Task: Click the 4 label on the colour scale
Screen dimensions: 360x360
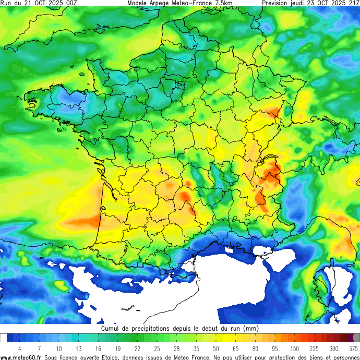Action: click(x=19, y=348)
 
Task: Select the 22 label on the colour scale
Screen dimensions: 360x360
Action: click(x=137, y=348)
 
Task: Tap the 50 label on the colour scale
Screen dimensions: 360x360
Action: click(x=215, y=348)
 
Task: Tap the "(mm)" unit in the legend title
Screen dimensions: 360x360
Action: click(x=250, y=329)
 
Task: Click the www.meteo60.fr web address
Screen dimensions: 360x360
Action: click(x=21, y=357)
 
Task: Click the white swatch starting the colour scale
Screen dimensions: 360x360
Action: click(x=4, y=338)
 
